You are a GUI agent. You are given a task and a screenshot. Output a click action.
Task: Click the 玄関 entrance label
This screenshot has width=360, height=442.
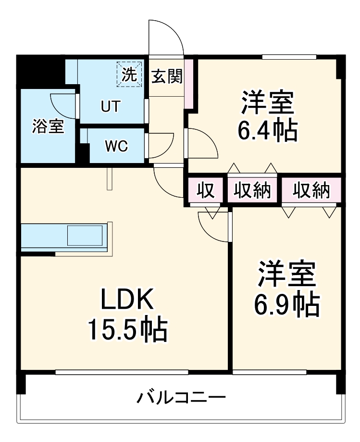point(167,76)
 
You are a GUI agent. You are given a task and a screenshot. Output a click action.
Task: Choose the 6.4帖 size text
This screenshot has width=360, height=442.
point(268,130)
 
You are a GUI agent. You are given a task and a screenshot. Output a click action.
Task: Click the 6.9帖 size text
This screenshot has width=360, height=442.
point(287,303)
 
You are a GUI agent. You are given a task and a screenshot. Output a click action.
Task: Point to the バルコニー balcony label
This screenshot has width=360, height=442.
point(182,398)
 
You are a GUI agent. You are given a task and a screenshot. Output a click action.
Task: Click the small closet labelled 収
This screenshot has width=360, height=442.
point(205,191)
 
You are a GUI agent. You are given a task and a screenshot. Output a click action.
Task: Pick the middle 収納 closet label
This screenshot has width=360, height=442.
point(253,191)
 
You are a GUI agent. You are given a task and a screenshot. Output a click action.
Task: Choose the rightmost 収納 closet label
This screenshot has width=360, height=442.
point(312,191)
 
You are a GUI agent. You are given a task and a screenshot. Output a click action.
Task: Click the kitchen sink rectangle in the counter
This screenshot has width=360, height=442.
point(85,236)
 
